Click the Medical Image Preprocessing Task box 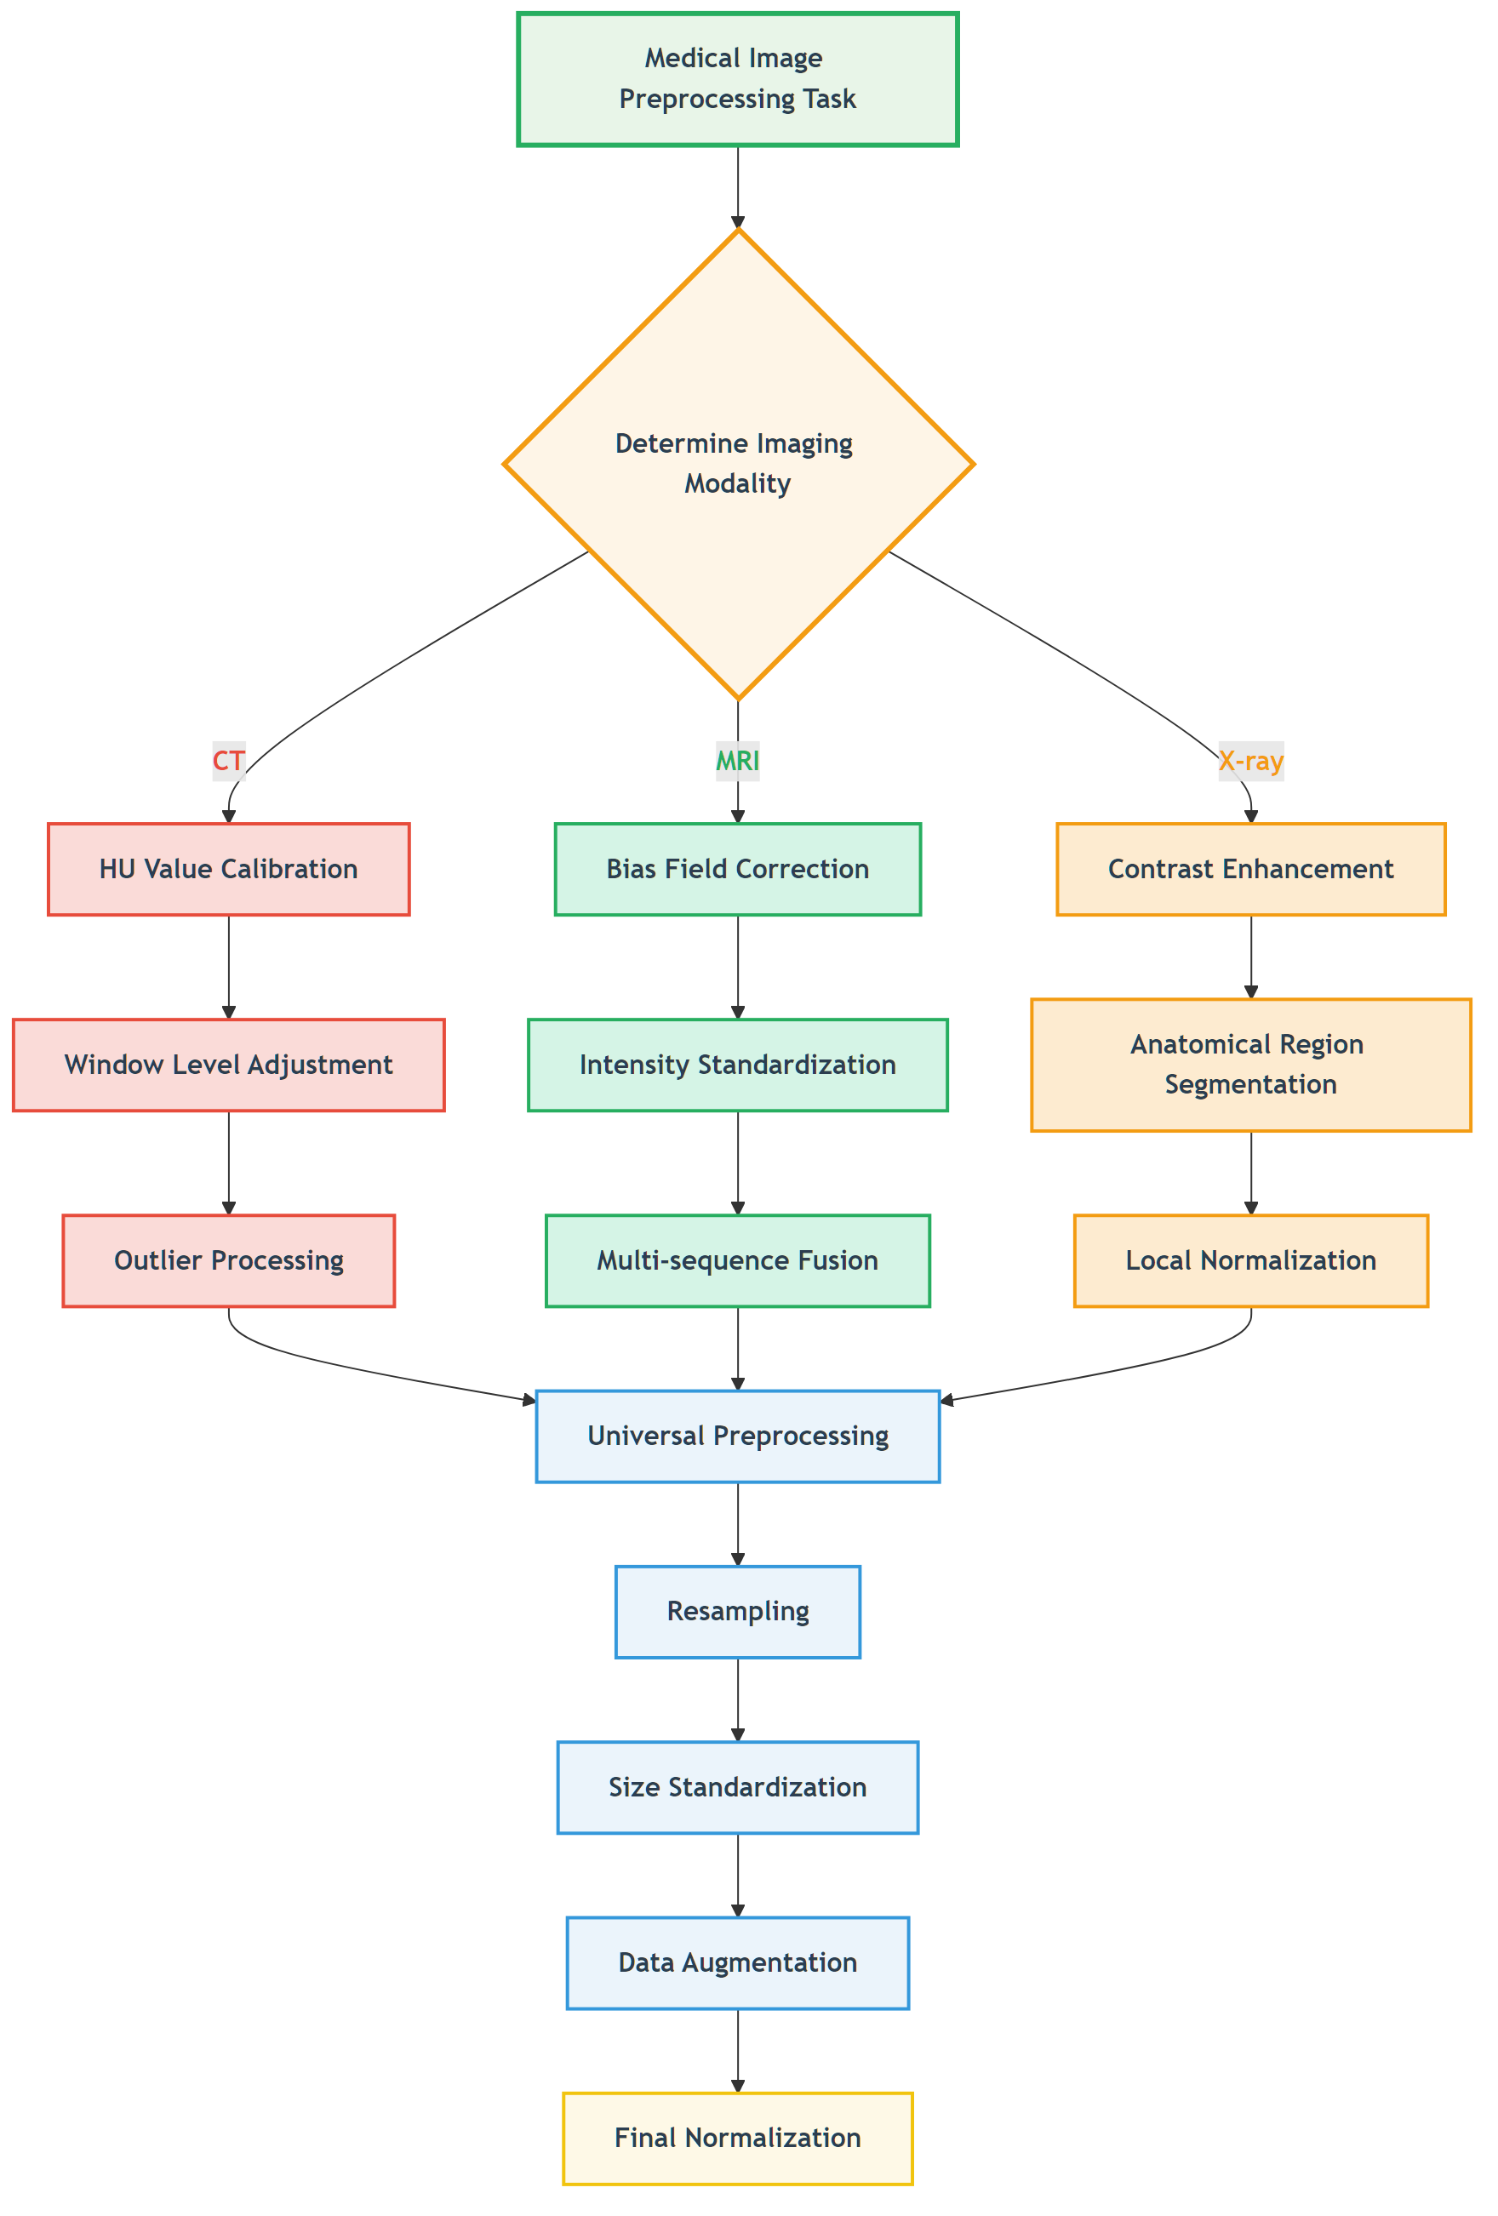pos(737,79)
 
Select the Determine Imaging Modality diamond pos(737,465)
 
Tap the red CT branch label pos(228,761)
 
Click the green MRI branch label pos(737,761)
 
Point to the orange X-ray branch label pos(1250,761)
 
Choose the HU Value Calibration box pos(228,869)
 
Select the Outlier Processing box pos(228,1259)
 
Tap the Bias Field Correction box pos(737,869)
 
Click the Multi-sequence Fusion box pos(737,1259)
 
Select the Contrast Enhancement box pos(1250,869)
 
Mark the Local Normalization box pos(1250,1259)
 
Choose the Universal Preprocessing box pos(737,1435)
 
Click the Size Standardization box pos(737,1786)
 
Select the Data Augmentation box pos(737,1962)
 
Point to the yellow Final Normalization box pos(737,2137)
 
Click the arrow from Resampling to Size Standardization pos(737,1699)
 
